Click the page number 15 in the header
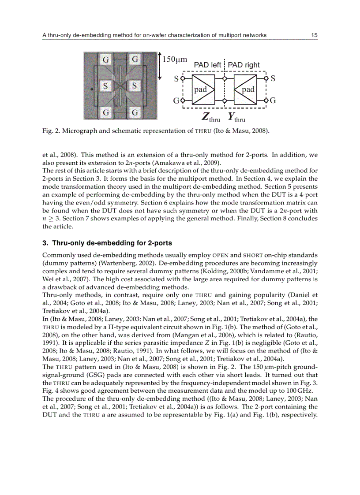point(314,35)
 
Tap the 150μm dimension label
point(175,59)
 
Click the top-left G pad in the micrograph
point(106,59)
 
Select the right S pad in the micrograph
point(135,86)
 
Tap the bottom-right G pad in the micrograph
point(135,112)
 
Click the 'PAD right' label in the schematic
point(244,65)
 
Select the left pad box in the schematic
point(203,89)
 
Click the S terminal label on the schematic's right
point(273,79)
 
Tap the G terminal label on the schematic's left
point(176,100)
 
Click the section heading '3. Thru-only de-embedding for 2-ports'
point(107,243)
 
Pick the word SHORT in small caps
point(253,255)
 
